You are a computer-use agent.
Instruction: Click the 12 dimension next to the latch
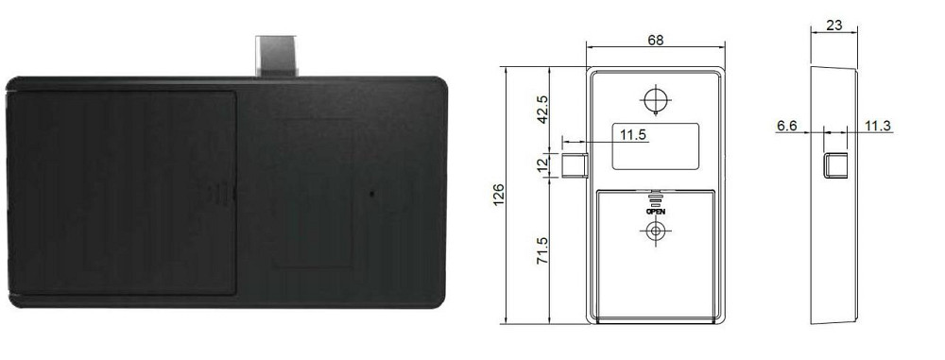click(542, 164)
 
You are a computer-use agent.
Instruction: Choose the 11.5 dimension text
click(633, 135)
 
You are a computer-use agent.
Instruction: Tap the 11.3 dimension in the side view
click(878, 126)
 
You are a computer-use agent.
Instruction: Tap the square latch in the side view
click(834, 165)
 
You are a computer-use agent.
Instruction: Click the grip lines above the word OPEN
click(655, 198)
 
